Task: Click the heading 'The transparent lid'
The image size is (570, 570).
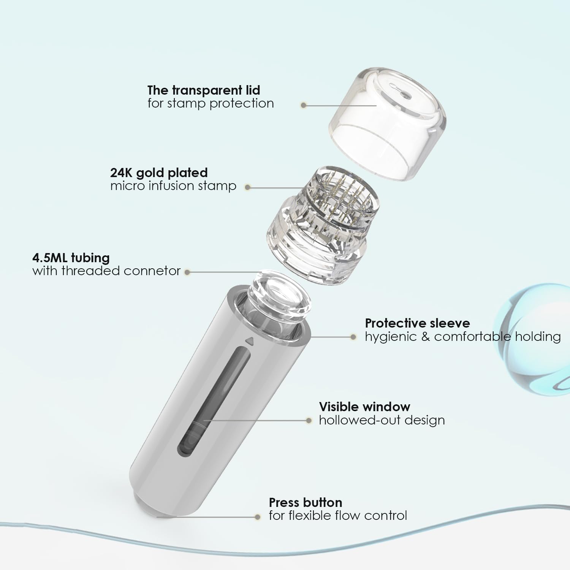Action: pos(204,90)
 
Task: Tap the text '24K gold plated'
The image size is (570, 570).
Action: pos(159,173)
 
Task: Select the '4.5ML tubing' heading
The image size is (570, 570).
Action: pos(71,258)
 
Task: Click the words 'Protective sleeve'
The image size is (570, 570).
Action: pos(417,323)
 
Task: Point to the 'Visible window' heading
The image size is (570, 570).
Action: pos(364,407)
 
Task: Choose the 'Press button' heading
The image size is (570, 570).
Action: pos(306,503)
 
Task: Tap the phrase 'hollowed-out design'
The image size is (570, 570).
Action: pos(382,420)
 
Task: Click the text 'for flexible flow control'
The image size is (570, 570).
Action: pos(338,516)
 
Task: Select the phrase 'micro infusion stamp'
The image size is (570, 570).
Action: pos(173,186)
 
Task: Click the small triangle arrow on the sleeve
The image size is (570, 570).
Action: pos(249,341)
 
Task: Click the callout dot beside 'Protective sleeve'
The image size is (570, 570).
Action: pos(353,337)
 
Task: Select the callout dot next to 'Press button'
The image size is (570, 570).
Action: pos(258,517)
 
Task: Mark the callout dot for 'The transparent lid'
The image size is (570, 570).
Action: pos(303,105)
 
